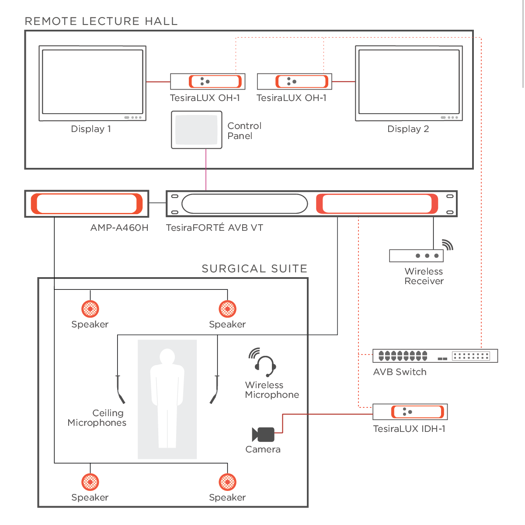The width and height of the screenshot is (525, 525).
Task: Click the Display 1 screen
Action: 92,82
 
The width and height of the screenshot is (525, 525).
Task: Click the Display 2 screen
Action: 409,82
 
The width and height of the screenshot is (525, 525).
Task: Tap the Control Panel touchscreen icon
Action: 196,130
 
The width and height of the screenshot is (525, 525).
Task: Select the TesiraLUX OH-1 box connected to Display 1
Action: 208,82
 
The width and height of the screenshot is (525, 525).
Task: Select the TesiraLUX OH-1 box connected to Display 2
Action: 295,82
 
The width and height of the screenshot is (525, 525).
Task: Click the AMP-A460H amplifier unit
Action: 87,204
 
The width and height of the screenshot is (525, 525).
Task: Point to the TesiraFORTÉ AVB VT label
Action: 214,228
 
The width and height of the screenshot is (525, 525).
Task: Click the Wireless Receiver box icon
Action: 416,256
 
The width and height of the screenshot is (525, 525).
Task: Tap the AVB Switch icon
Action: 435,356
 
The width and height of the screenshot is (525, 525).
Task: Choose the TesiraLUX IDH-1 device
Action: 410,412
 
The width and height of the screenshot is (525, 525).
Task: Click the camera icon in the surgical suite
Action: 263,435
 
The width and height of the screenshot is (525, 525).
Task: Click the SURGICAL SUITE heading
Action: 254,268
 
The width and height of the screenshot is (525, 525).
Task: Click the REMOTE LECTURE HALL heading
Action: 101,21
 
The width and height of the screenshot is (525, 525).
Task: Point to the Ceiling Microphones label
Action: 97,418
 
